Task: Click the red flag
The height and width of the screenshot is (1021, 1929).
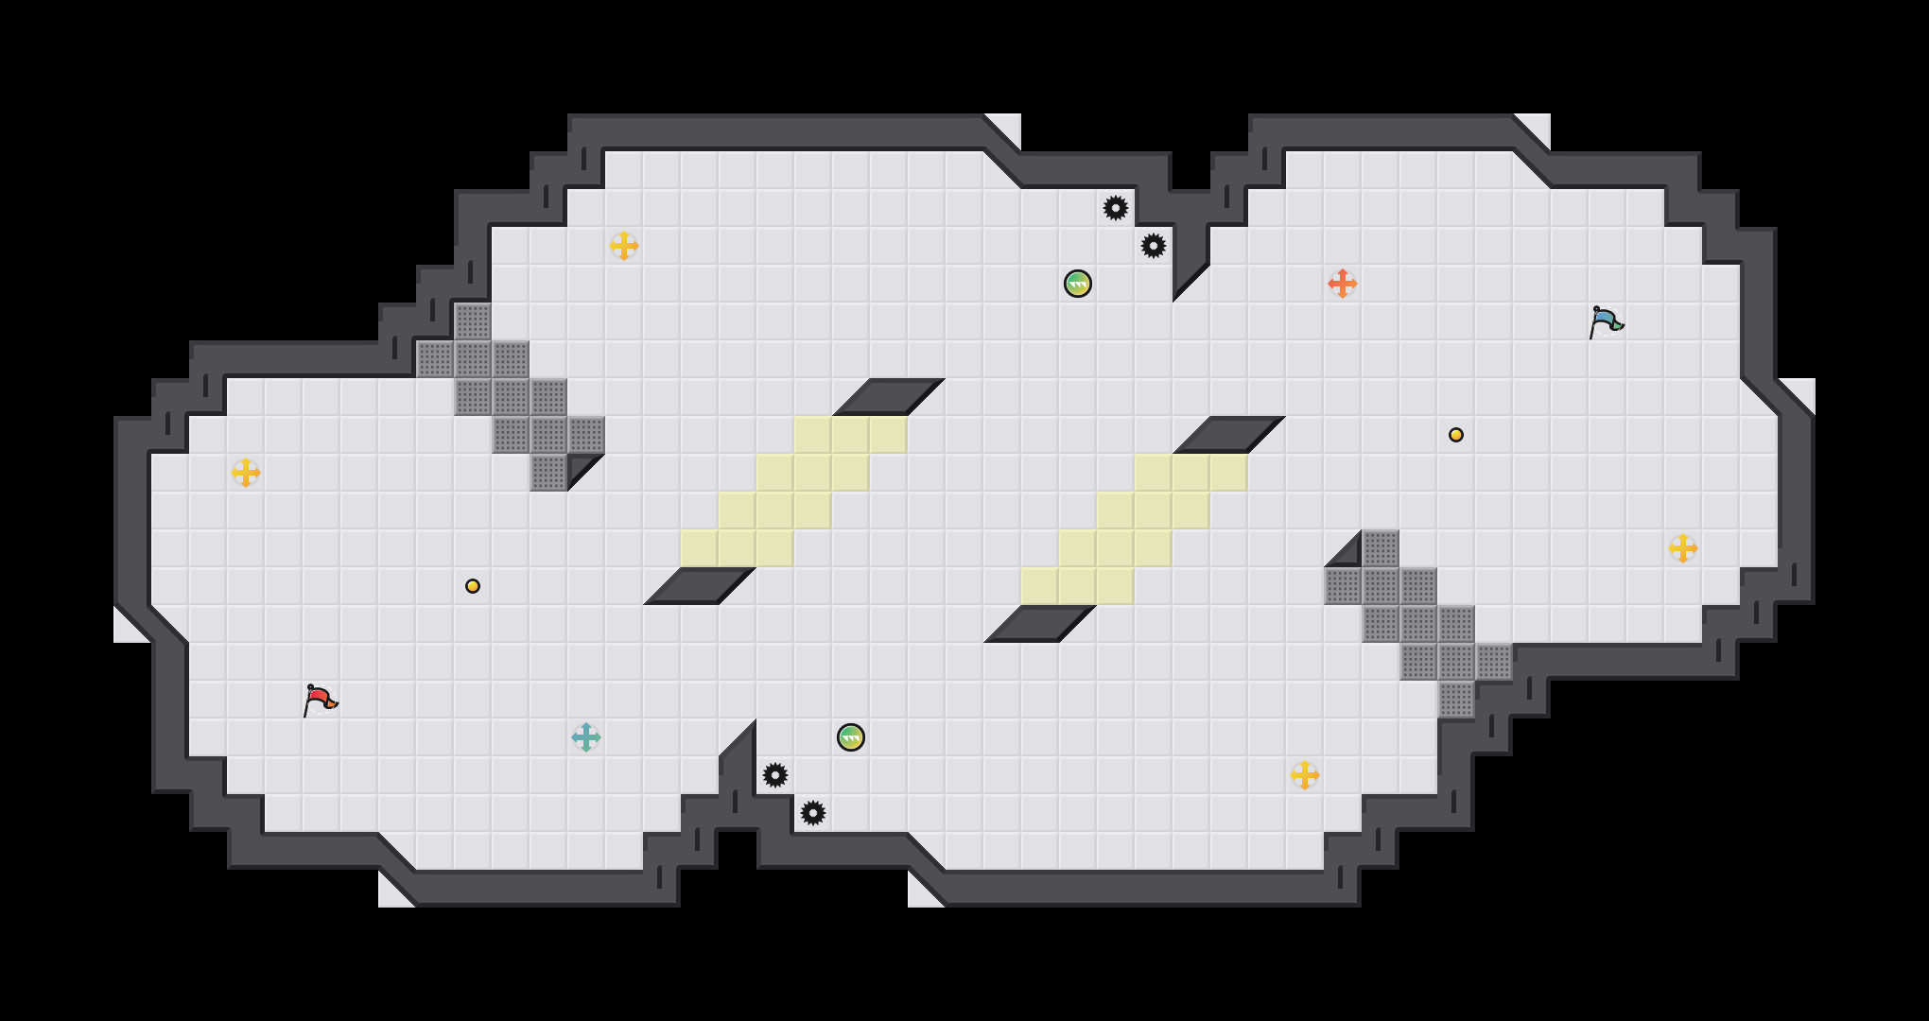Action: [x=320, y=700]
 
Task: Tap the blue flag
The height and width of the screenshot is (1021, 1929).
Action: [x=1606, y=321]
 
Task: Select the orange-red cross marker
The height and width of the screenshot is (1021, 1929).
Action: [x=1343, y=284]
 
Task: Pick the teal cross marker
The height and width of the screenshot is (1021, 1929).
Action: [x=586, y=737]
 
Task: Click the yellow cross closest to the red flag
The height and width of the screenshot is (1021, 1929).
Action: [x=246, y=473]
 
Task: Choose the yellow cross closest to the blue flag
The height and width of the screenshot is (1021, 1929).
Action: [x=1683, y=548]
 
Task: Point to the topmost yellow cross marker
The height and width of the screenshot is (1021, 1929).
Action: [x=624, y=246]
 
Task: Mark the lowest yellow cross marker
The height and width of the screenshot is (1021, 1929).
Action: [x=1305, y=775]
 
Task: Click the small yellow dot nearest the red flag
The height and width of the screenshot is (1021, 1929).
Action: [x=473, y=586]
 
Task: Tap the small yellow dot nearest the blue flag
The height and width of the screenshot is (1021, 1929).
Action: [x=1456, y=435]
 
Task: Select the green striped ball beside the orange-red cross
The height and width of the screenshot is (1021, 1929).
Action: [x=1078, y=284]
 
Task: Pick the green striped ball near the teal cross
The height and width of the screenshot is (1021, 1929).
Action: [x=851, y=737]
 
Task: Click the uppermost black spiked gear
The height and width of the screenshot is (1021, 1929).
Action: [x=1116, y=208]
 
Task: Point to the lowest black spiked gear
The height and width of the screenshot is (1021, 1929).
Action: [x=813, y=813]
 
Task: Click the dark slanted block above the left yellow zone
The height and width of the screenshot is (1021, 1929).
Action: [x=889, y=397]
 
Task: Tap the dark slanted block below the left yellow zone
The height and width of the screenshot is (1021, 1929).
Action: [x=700, y=586]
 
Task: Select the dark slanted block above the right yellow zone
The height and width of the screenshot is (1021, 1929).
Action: [x=1229, y=435]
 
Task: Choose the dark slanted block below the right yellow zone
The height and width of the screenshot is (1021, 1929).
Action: [x=1040, y=624]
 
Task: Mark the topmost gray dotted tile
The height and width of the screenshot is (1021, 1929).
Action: [x=473, y=321]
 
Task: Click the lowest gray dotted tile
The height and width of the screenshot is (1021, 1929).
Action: [x=1456, y=700]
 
